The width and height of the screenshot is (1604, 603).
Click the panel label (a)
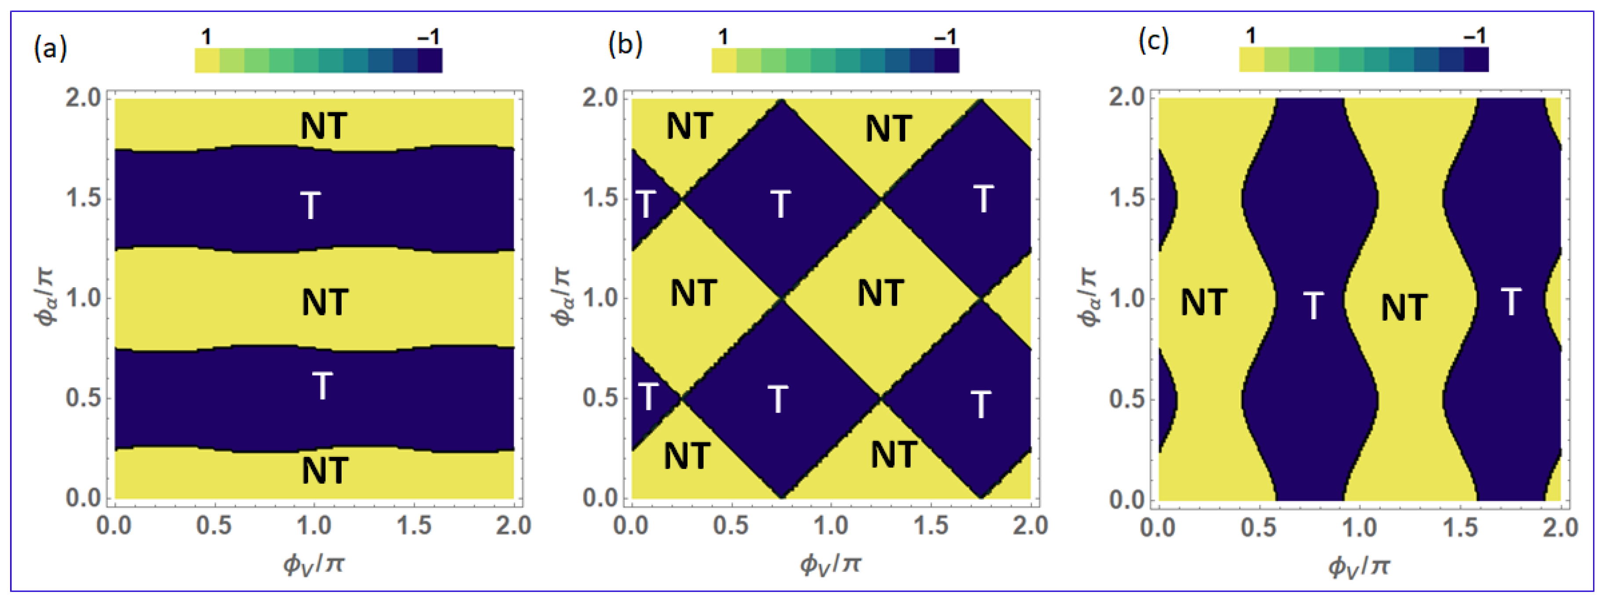[x=50, y=48]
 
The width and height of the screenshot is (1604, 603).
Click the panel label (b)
[x=625, y=45]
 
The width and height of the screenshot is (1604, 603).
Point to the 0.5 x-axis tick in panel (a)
[x=214, y=526]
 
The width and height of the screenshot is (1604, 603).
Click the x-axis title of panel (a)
[x=314, y=564]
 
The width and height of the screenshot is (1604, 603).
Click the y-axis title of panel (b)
[x=564, y=297]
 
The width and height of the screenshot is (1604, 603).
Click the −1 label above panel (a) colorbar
[x=429, y=37]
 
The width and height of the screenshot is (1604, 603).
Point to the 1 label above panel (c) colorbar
[x=1250, y=36]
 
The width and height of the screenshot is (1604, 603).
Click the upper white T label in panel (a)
[x=311, y=205]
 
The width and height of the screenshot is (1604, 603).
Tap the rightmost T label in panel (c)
[x=1511, y=302]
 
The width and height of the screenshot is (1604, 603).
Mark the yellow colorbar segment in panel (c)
[x=1251, y=60]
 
